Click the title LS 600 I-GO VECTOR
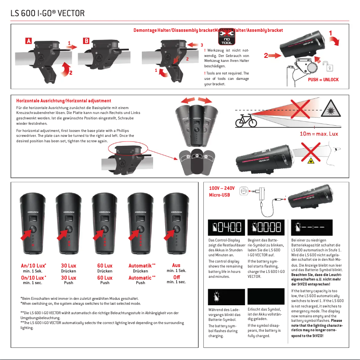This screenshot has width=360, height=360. (x=47, y=13)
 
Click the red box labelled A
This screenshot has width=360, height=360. (x=29, y=41)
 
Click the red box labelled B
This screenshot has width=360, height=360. (x=86, y=41)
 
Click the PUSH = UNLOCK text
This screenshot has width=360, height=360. (x=323, y=79)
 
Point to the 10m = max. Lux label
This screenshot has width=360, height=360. (x=318, y=134)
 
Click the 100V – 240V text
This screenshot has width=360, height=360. (x=222, y=189)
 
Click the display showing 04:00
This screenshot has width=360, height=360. (x=226, y=228)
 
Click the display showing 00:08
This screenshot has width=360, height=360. (x=265, y=228)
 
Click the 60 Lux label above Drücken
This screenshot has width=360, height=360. (x=105, y=266)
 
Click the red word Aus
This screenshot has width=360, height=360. (x=176, y=265)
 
